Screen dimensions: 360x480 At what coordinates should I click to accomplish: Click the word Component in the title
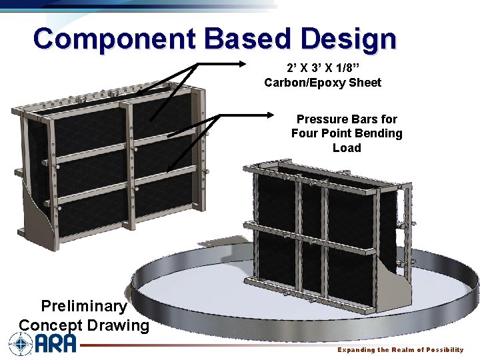(114, 39)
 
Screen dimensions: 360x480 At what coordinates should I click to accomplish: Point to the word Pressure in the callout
(323, 119)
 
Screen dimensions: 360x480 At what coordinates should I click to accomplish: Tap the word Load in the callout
(347, 147)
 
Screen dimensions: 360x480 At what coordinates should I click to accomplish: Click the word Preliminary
(83, 306)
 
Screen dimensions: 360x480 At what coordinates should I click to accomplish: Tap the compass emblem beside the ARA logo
(21, 344)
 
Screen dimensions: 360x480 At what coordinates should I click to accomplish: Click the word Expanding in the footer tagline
(356, 350)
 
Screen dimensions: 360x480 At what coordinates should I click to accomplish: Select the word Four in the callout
(305, 133)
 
